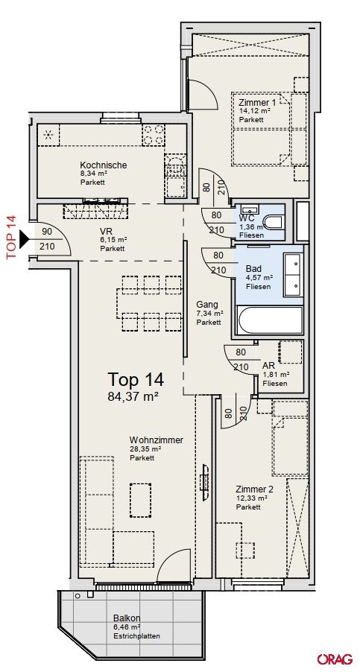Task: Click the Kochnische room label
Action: click(x=104, y=165)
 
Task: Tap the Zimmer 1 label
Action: click(x=258, y=102)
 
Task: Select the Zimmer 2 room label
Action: click(x=255, y=489)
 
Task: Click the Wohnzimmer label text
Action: click(x=157, y=440)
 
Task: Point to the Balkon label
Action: click(x=127, y=618)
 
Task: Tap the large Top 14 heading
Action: click(x=136, y=379)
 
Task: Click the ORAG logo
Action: click(x=335, y=659)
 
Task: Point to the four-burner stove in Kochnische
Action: click(x=153, y=134)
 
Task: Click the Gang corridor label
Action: click(x=207, y=305)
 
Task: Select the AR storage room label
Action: click(x=268, y=366)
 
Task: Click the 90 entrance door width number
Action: click(x=47, y=232)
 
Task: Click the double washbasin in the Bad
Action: click(x=294, y=274)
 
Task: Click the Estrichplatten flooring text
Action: click(x=136, y=636)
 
